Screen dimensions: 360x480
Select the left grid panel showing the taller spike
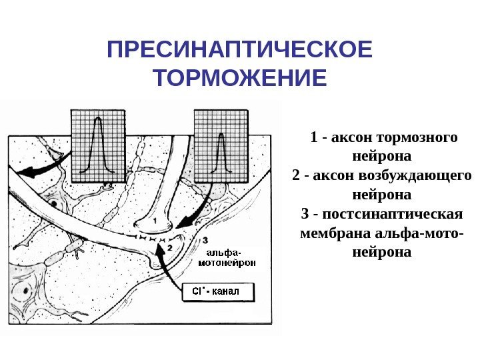tap(98, 145)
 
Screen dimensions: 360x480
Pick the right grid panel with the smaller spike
tap(221, 145)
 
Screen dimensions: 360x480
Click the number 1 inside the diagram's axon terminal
tap(155, 219)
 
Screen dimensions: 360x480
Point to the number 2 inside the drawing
tap(170, 247)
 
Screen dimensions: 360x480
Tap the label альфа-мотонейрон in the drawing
tap(227, 258)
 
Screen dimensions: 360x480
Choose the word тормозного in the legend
tap(417, 138)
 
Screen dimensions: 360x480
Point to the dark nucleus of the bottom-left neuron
tap(25, 291)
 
